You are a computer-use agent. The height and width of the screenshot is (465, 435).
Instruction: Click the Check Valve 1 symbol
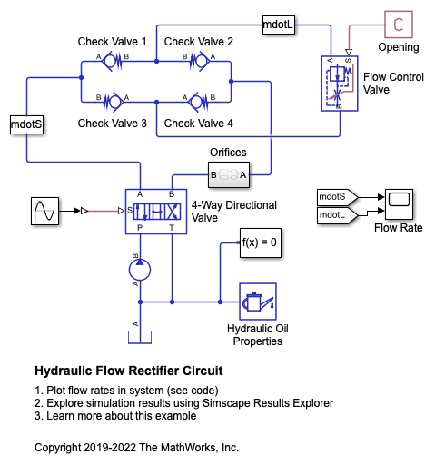[x=112, y=62]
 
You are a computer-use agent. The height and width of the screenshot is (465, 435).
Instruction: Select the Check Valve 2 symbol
[x=200, y=62]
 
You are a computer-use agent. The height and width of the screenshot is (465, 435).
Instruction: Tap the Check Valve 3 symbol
[x=114, y=102]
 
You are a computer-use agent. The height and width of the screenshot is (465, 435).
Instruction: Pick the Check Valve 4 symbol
[x=198, y=102]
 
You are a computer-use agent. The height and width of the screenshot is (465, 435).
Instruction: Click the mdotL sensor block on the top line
[x=279, y=25]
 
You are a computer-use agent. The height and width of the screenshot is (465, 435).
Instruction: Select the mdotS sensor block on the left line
[x=26, y=124]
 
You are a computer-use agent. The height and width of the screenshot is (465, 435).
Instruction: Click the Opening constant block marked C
[x=399, y=25]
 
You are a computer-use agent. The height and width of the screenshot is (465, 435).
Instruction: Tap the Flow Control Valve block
[x=340, y=84]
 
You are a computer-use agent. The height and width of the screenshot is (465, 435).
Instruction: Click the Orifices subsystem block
[x=229, y=175]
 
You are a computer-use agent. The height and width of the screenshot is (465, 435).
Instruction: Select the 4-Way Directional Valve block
[x=156, y=212]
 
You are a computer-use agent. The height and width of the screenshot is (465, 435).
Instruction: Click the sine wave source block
[x=44, y=211]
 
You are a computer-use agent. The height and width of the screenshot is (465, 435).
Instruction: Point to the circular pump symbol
[x=140, y=270]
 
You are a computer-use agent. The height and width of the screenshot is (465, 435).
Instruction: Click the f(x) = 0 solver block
[x=261, y=242]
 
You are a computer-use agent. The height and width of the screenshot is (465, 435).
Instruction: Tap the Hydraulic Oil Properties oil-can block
[x=258, y=302]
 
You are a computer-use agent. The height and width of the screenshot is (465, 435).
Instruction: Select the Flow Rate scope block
[x=399, y=204]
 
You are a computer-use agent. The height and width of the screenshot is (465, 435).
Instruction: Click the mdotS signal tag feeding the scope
[x=337, y=197]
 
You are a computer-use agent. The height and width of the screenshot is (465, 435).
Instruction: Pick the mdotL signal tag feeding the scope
[x=337, y=215]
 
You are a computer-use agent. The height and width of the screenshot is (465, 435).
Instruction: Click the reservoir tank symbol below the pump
[x=140, y=337]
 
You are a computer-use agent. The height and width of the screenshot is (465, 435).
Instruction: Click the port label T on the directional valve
[x=172, y=228]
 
